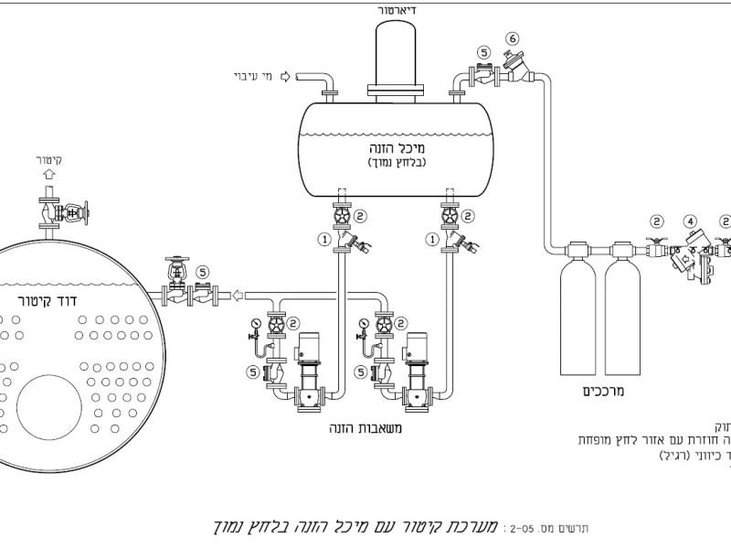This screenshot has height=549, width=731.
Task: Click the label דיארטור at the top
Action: click(397, 10)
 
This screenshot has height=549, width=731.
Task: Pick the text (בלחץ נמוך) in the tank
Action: click(399, 163)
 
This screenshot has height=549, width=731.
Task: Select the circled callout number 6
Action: click(513, 38)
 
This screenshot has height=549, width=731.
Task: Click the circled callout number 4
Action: click(691, 221)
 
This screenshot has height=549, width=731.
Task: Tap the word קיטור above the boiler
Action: click(49, 160)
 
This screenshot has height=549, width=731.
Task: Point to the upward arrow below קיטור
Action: click(49, 175)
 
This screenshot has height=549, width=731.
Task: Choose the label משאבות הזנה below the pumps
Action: click(365, 427)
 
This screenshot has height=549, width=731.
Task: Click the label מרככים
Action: click(600, 391)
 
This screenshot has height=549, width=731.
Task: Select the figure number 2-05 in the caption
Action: click(523, 528)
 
